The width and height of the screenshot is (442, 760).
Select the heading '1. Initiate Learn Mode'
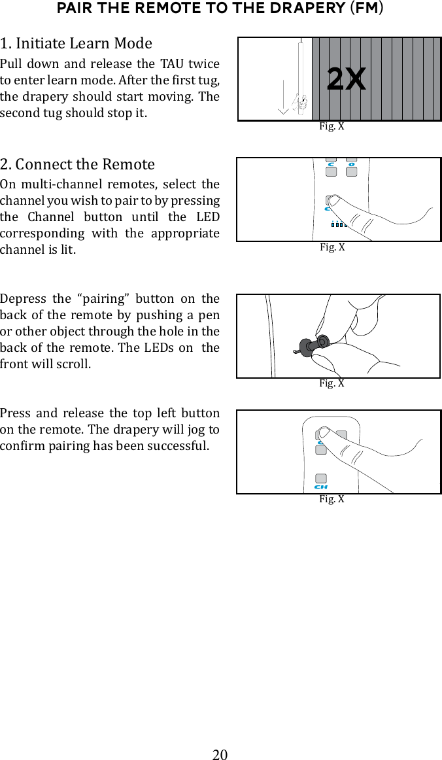click(76, 44)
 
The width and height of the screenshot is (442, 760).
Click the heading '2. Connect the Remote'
click(78, 164)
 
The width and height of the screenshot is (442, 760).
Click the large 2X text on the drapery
click(346, 80)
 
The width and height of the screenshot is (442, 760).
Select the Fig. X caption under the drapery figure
click(331, 126)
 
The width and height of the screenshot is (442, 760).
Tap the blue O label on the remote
click(352, 164)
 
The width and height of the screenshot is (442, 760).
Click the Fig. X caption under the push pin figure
click(331, 383)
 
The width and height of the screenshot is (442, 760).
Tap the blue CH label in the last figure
click(320, 487)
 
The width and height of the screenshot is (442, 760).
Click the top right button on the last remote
click(342, 435)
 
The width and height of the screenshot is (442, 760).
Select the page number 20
click(220, 755)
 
